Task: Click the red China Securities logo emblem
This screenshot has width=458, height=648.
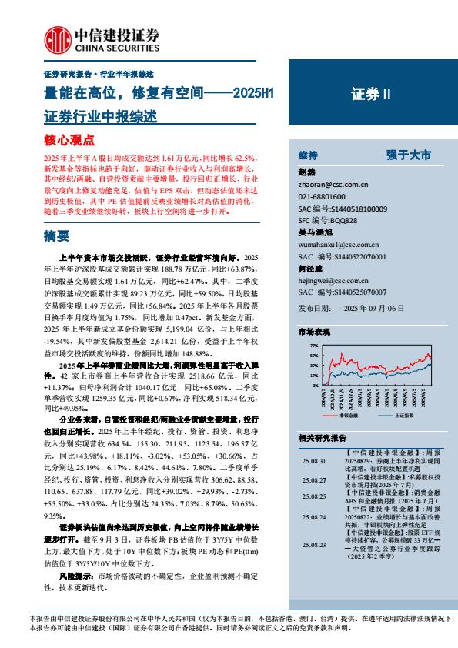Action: point(55,38)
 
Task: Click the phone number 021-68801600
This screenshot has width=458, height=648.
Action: point(323,197)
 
